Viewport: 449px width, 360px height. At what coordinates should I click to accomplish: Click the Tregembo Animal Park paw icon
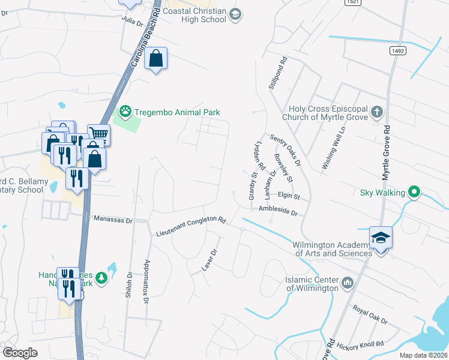[125, 111]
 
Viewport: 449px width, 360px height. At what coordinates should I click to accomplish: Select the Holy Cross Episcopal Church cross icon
[376, 112]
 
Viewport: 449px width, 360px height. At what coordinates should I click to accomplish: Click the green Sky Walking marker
[413, 193]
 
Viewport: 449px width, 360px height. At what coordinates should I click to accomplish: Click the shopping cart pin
[98, 134]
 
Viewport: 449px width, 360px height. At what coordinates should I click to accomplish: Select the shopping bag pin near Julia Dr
[156, 59]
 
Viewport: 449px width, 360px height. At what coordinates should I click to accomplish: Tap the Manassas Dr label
[113, 220]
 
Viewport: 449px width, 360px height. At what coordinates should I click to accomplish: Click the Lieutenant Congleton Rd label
[190, 226]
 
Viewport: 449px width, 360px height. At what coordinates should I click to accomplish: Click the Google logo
[20, 353]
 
